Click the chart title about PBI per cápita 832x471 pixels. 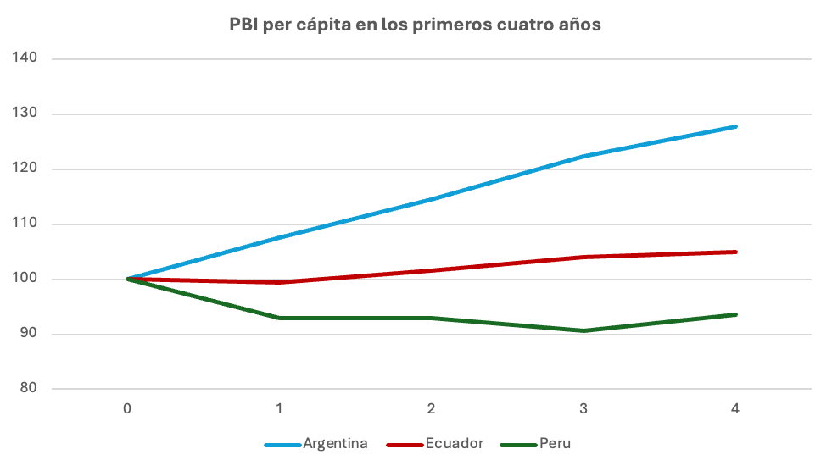(416, 25)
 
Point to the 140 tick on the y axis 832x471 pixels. (25, 58)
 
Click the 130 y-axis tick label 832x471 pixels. (25, 114)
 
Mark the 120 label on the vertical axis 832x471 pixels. (25, 169)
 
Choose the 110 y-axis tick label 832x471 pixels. (25, 224)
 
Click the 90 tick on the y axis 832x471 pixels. (28, 334)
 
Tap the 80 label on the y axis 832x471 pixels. (28, 389)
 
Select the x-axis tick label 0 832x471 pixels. (127, 409)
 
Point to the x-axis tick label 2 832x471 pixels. (432, 409)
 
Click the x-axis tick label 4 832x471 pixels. (735, 409)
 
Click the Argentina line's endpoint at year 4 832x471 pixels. (735, 126)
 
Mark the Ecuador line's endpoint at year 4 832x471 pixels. (735, 252)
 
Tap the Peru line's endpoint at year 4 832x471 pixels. (735, 314)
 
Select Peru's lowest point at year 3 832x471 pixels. (584, 330)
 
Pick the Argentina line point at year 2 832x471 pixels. (432, 199)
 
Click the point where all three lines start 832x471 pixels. (127, 279)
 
